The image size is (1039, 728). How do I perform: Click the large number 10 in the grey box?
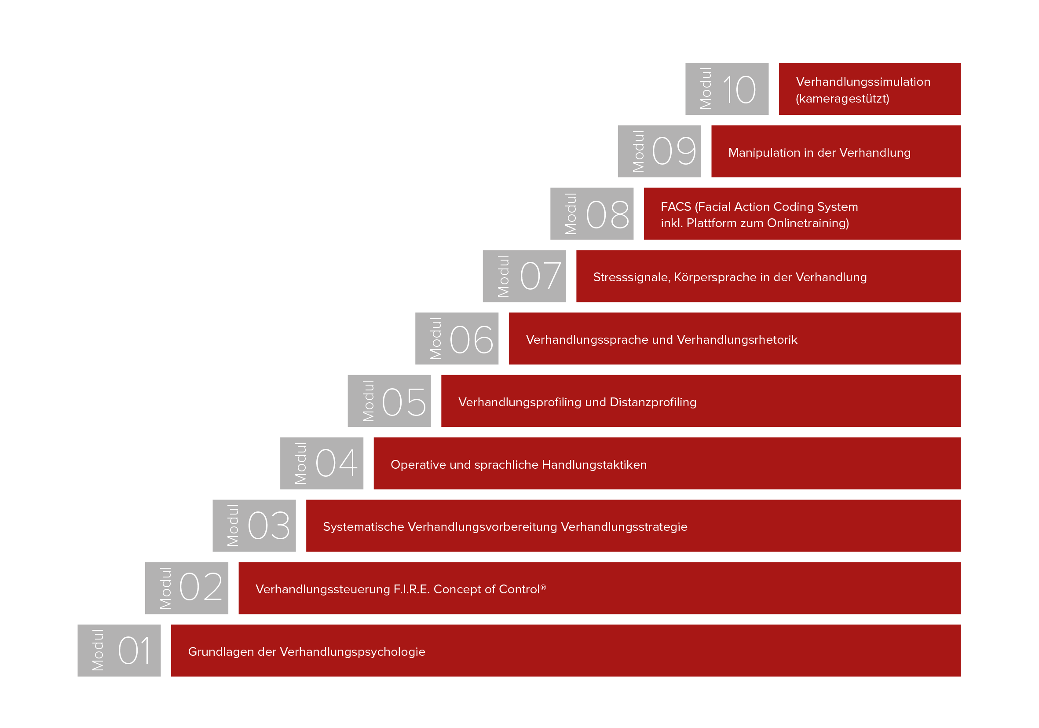pos(739,89)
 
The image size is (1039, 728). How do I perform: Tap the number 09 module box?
pos(659,151)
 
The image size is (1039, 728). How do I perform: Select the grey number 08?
pos(607,214)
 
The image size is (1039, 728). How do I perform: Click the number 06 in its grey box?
pos(471,339)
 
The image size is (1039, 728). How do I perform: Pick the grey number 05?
pos(404,401)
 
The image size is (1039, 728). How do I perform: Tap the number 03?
pos(269,526)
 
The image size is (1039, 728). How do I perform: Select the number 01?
pos(134,651)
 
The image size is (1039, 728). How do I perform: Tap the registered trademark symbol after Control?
pos(544,587)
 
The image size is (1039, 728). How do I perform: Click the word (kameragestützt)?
pos(843,99)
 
